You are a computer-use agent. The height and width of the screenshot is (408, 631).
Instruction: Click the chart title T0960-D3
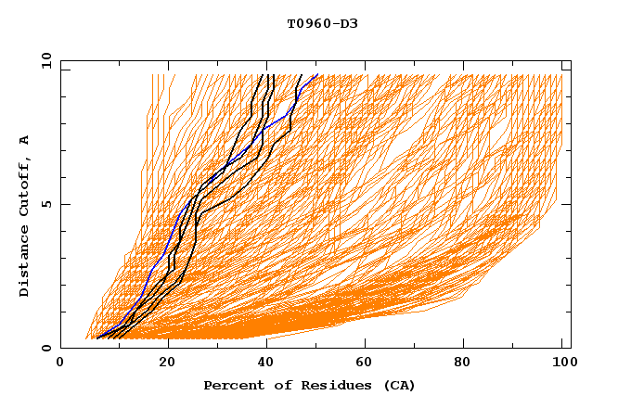tap(316, 23)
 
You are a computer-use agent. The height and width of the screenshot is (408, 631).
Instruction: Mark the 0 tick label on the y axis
tap(45, 349)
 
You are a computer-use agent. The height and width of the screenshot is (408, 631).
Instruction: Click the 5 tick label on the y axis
tap(45, 204)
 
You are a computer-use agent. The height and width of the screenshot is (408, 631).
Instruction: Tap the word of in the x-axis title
tap(278, 385)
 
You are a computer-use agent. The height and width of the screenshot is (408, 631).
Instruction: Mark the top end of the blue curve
tap(317, 75)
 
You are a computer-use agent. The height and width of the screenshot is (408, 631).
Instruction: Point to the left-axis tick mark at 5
tap(64, 204)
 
